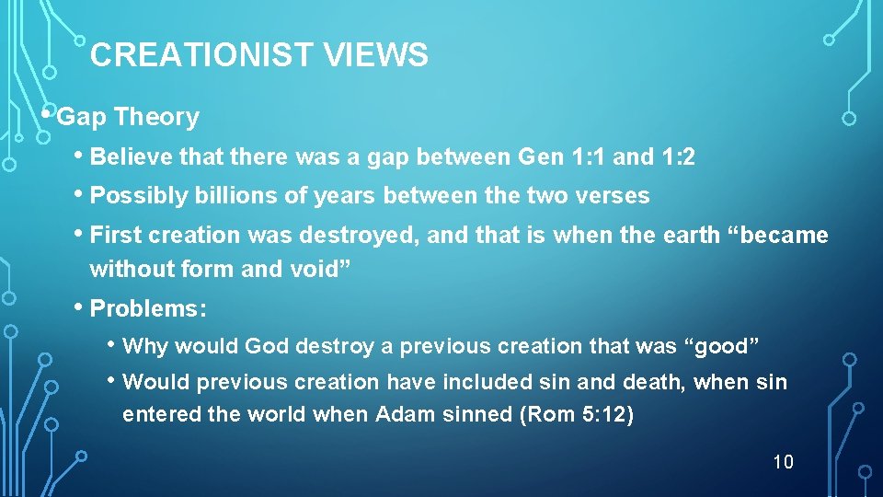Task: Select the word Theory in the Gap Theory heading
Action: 157,118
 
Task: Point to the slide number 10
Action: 783,462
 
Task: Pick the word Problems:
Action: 148,308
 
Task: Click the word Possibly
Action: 132,196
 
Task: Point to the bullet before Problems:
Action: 80,306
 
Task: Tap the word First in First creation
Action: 117,236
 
